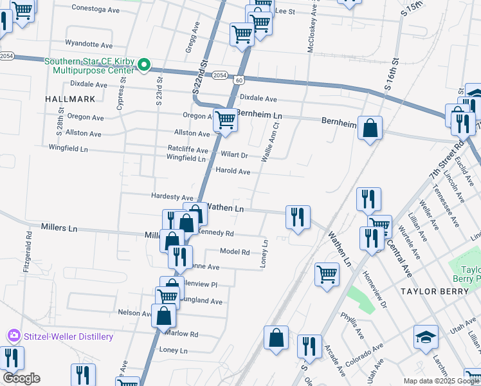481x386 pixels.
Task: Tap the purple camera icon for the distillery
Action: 14,336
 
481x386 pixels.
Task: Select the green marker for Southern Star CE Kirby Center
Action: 145,64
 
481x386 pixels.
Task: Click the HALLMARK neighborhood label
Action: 71,98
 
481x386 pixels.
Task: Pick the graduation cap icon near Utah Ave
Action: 425,338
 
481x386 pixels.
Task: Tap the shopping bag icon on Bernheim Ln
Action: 370,127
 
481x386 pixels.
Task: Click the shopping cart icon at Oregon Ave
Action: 225,120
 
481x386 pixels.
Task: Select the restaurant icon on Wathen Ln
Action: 298,216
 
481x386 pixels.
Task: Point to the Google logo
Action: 21,378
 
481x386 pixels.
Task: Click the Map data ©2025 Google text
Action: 442,381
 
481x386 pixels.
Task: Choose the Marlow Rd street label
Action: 185,334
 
